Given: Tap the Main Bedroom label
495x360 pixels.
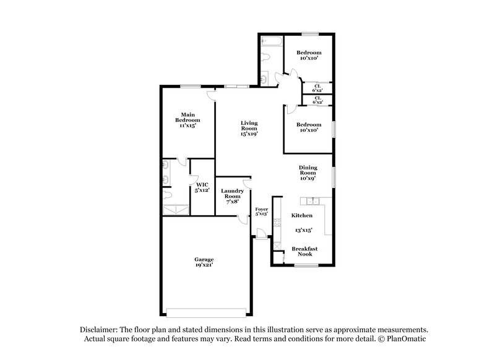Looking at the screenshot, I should [189, 119].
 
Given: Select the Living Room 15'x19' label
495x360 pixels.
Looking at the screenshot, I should [249, 128].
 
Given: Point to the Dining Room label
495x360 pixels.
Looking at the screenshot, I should [308, 173].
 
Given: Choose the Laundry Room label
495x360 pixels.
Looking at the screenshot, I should [232, 195].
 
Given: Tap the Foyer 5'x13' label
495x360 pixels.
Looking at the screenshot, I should [262, 212].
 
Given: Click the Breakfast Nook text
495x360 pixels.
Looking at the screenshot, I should [304, 252].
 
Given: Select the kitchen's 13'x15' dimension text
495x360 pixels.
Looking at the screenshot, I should [303, 230].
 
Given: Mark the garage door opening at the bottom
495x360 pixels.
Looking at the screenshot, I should [207, 311].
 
